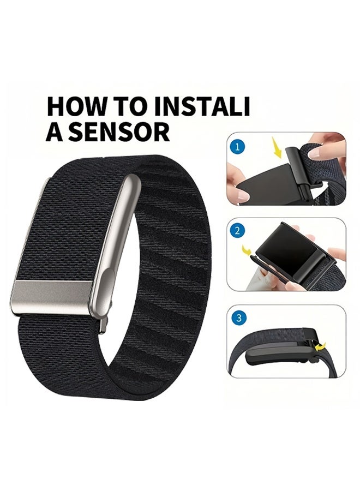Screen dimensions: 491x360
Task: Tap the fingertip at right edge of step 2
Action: click(x=339, y=254)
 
